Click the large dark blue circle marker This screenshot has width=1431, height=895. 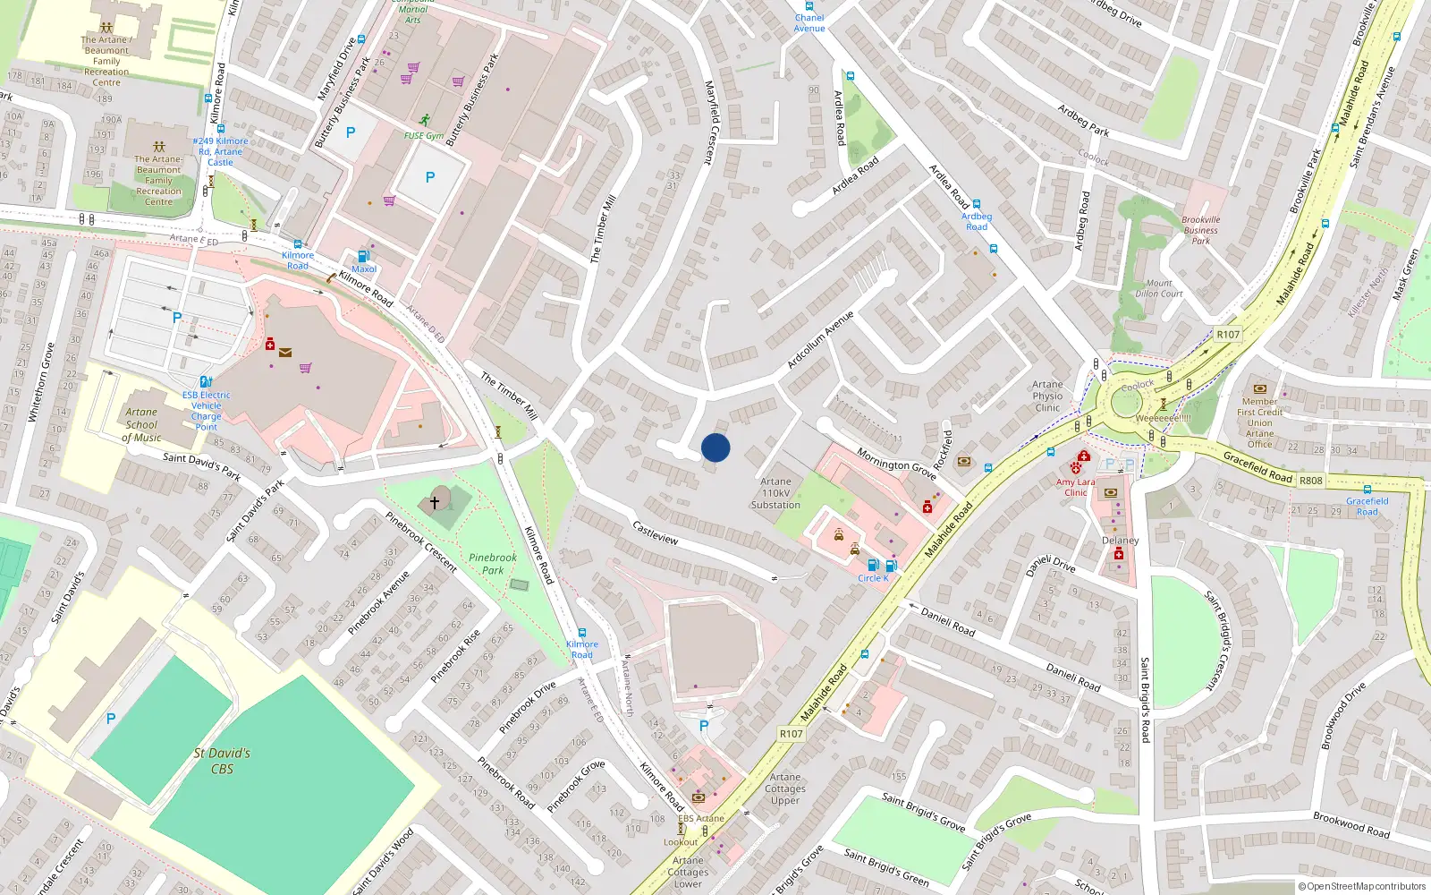[x=715, y=447]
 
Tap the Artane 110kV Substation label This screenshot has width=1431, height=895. [x=775, y=493]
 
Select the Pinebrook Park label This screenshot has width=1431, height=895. [x=493, y=564]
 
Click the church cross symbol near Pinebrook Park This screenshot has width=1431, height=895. [x=435, y=502]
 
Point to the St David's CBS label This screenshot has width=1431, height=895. [x=222, y=761]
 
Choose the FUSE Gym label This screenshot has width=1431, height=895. [x=424, y=136]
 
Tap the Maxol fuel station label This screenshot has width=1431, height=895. [x=364, y=268]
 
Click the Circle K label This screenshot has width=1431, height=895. [x=873, y=578]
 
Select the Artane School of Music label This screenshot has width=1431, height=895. [x=141, y=425]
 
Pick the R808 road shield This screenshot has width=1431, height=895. [x=1310, y=481]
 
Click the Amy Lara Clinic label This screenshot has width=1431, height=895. [x=1075, y=487]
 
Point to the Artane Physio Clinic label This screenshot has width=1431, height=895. [x=1047, y=396]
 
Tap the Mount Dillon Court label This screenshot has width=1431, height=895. [x=1158, y=288]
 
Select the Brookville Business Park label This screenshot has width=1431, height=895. [x=1200, y=230]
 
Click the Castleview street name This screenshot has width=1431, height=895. [x=656, y=533]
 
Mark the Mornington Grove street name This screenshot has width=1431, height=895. [x=896, y=464]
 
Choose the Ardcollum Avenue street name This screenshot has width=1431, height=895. [x=820, y=340]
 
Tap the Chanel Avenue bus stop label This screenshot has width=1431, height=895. [x=809, y=23]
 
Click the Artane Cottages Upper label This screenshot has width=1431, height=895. [x=785, y=788]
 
